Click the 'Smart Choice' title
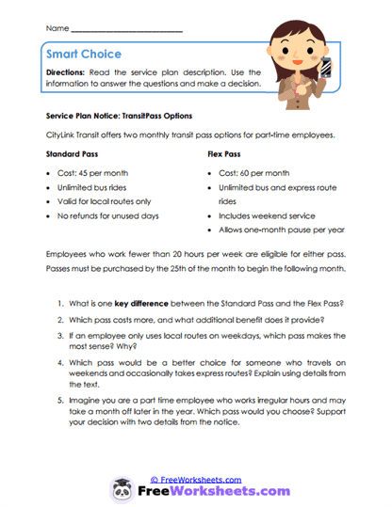[x=84, y=55]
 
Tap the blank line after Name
[x=126, y=31]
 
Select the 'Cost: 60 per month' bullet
[x=253, y=173]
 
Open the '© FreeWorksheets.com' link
[x=196, y=479]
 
